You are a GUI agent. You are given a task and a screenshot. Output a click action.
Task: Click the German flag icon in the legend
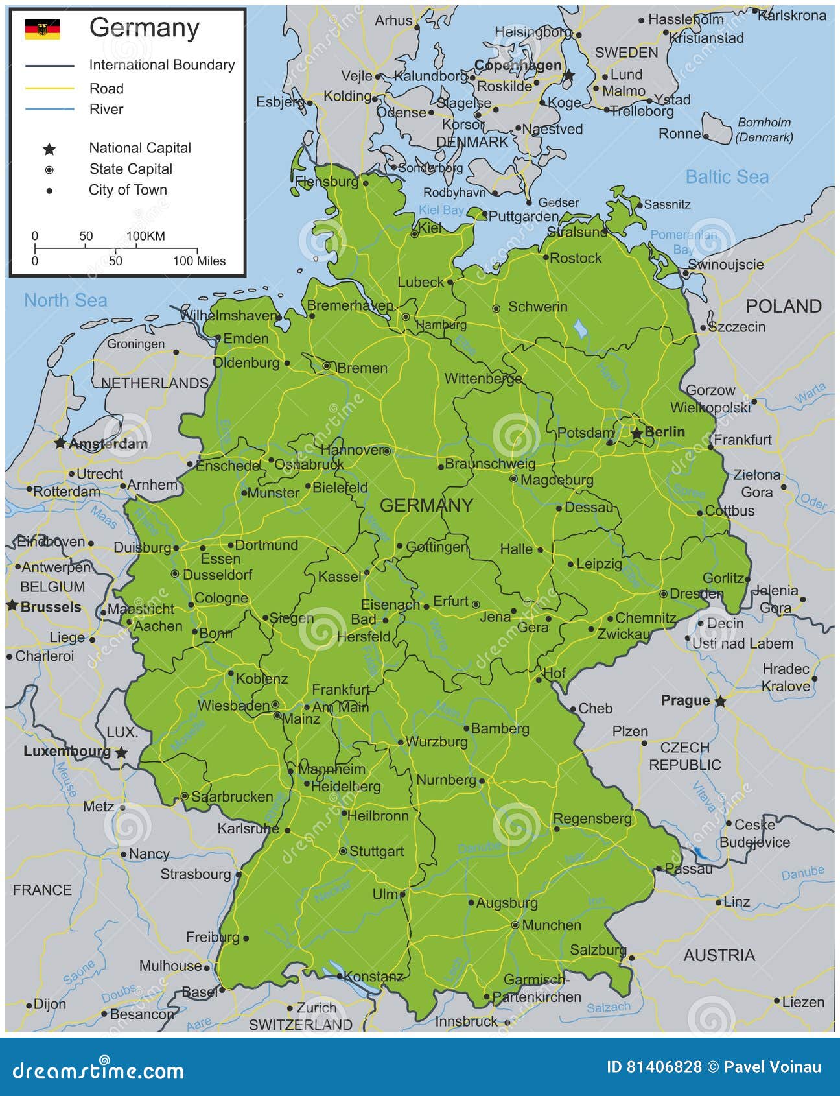[x=42, y=29]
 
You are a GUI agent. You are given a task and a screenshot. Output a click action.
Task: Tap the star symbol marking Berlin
[x=637, y=433]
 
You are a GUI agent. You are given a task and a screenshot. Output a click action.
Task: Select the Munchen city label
[x=551, y=925]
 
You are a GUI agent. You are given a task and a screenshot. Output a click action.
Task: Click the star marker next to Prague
[x=720, y=701]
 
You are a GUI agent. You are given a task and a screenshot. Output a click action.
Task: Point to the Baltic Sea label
[x=727, y=176]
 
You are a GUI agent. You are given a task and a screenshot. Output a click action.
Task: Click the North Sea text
[x=65, y=300]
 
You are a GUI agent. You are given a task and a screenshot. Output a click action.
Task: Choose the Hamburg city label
[x=441, y=324]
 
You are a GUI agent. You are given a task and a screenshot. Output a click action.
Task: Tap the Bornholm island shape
[x=716, y=128]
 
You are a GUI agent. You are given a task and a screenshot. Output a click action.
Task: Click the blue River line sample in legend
[x=50, y=109]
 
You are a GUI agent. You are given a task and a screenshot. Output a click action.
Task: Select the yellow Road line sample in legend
[x=50, y=88]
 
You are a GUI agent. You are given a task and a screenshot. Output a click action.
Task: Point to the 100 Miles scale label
[x=199, y=261]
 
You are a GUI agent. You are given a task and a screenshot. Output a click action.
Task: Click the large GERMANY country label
[x=426, y=505]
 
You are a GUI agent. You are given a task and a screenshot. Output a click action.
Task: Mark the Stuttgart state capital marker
[x=343, y=851]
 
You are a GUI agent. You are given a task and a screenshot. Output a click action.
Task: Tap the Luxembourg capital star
[x=121, y=753]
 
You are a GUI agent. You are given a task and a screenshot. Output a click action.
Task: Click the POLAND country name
[x=783, y=306]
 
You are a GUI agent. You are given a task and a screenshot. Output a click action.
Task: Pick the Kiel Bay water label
[x=441, y=209]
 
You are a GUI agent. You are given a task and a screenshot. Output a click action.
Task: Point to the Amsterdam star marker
[x=60, y=444]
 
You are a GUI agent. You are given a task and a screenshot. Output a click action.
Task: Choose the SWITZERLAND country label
[x=301, y=1024]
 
